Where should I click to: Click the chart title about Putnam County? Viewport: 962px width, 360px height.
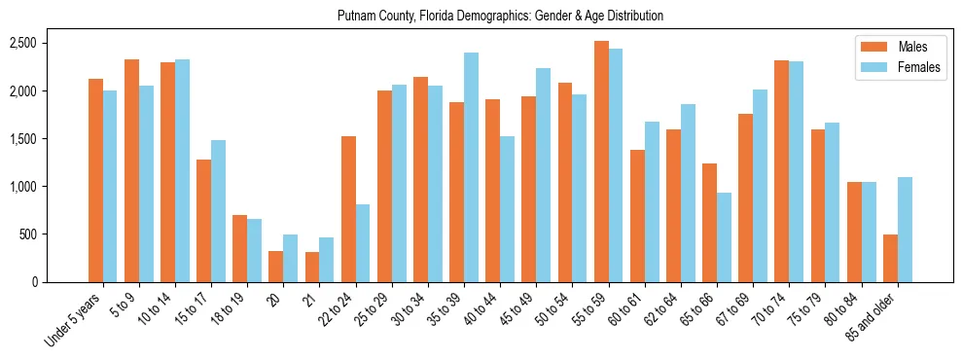500,17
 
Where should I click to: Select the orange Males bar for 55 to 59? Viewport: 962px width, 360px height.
601,162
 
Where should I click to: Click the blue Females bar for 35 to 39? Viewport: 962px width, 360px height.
471,167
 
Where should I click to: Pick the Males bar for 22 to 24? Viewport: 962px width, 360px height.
348,209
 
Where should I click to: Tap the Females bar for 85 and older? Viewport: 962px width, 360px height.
905,230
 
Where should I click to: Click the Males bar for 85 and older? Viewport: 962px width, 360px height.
890,258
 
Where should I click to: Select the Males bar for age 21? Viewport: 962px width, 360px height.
312,267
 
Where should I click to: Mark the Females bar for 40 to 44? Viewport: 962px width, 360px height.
507,209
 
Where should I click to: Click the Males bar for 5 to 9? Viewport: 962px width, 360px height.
131,170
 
